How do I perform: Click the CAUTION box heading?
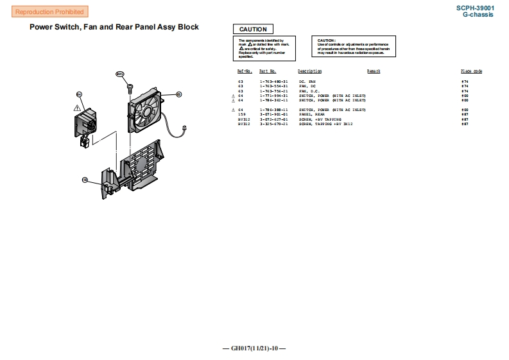coord(253,29)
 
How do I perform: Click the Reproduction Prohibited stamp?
coord(49,12)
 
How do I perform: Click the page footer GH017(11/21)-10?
coord(254,348)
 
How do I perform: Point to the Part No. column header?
coord(268,71)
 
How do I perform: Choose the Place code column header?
coord(471,71)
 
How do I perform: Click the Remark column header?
coord(374,71)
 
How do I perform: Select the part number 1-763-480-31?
coord(273,82)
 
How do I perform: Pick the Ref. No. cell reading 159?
coord(241,114)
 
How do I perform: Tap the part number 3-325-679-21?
coord(273,123)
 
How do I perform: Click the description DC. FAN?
coord(307,82)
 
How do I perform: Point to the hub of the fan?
coord(147,112)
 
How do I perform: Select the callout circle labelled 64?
coord(80,94)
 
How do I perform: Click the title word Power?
coord(43,27)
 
